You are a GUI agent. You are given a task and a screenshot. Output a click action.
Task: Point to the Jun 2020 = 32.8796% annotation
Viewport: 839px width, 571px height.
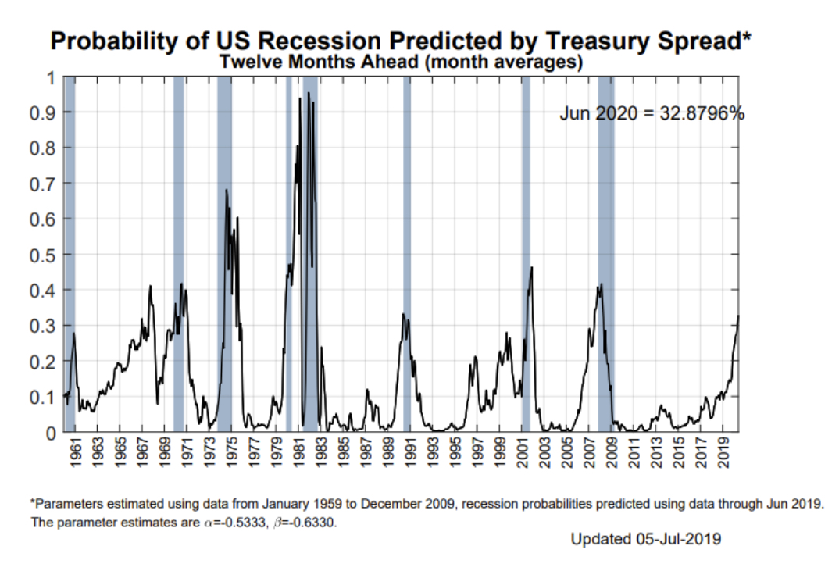pos(652,113)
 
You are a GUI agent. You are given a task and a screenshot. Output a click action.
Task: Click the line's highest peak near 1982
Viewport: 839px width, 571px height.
pos(309,93)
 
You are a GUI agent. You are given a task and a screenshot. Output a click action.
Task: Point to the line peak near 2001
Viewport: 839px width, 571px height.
pos(532,268)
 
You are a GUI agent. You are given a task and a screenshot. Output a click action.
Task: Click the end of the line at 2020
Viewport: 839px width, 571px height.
pos(738,316)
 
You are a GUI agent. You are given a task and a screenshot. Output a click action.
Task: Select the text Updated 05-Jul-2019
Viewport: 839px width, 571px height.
pos(646,539)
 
